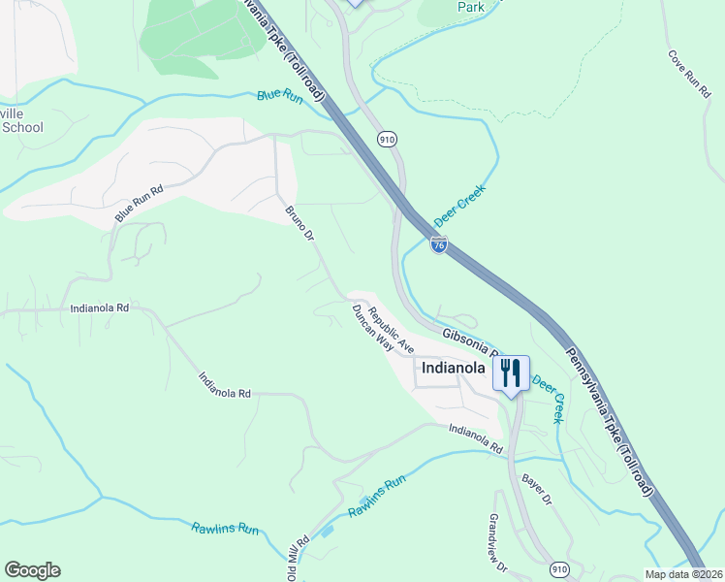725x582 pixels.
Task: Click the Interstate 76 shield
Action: [439, 245]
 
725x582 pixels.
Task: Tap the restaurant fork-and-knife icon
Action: [511, 372]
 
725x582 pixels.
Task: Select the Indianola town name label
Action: [451, 369]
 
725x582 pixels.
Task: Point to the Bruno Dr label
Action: [299, 222]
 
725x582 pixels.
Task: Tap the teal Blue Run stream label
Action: [280, 96]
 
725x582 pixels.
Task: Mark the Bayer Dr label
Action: [535, 488]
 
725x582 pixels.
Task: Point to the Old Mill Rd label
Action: [298, 556]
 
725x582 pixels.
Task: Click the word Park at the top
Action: [471, 7]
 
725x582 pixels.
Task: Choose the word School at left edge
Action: [21, 127]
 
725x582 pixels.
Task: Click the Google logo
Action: [32, 570]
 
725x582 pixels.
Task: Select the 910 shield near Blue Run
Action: [388, 140]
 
